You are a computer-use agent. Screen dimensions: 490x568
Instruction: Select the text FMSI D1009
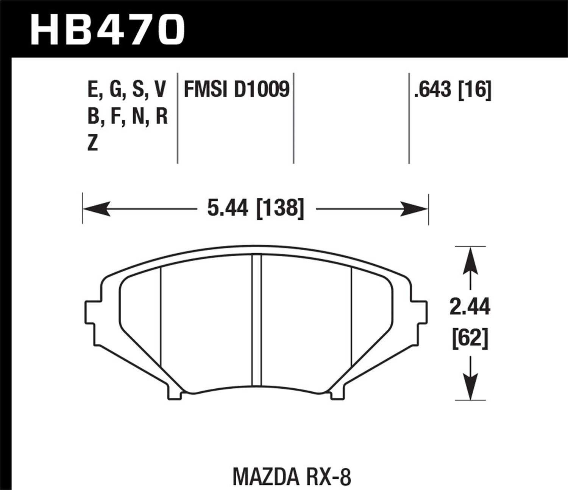[x=236, y=90]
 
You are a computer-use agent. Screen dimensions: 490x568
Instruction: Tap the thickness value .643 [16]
[x=453, y=90]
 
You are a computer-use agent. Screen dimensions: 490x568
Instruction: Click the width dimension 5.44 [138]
[x=256, y=208]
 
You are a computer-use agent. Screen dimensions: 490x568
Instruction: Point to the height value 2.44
[x=470, y=307]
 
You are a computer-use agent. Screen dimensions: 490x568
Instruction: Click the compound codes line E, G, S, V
[x=127, y=90]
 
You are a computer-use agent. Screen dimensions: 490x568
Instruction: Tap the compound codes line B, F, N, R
[x=127, y=117]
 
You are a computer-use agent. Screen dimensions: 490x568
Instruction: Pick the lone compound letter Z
[x=93, y=144]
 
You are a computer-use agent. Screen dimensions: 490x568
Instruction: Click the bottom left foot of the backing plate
[x=174, y=393]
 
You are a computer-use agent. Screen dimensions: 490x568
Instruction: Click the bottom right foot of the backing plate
[x=337, y=393]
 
